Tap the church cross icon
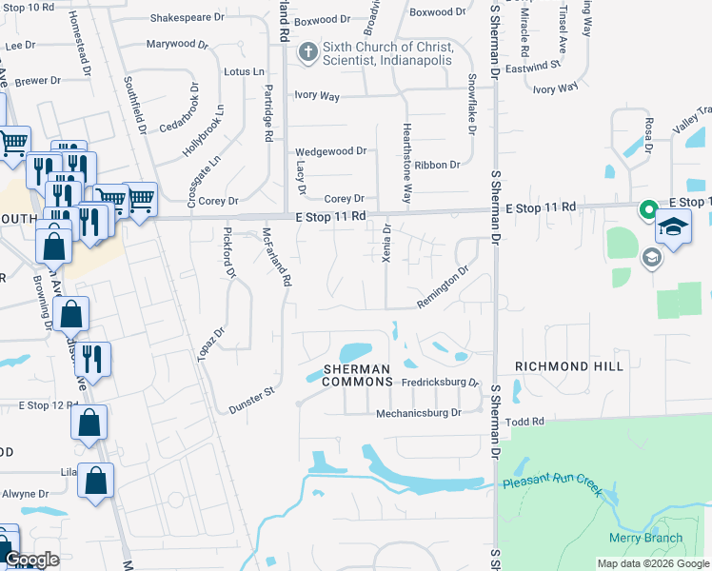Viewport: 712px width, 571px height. coord(307,54)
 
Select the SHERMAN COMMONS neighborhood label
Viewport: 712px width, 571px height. coord(357,375)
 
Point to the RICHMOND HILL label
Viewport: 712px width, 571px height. coord(569,366)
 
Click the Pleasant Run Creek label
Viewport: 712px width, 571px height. coord(552,484)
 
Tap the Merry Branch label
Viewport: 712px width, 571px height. coord(645,539)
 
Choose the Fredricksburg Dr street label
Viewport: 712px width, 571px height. coord(439,383)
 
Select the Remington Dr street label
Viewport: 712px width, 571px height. coord(443,288)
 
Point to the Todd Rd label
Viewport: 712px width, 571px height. coord(524,422)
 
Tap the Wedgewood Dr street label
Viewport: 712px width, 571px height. coord(331,151)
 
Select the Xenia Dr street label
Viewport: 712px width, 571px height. coord(386,243)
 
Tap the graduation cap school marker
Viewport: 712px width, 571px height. coord(674,228)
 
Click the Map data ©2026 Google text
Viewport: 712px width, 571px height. coord(652,563)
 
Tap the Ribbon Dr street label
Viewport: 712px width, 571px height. coord(439,165)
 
